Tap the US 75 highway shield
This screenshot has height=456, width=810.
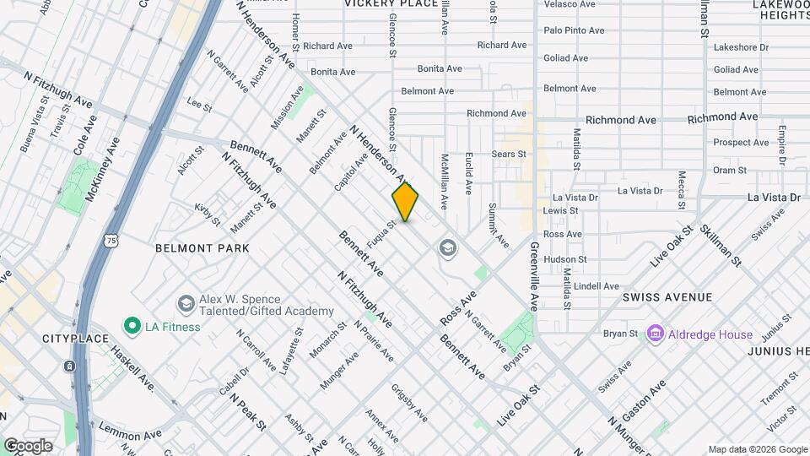[x=111, y=241]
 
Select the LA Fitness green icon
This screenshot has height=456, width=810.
[x=132, y=326]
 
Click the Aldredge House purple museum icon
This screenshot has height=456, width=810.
[x=654, y=334]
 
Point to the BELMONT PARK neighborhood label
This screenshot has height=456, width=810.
[x=202, y=248]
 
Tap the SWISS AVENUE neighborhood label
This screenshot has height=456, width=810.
[x=667, y=297]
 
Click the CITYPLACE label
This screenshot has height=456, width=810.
[x=75, y=339]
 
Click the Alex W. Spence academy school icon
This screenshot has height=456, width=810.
[x=185, y=303]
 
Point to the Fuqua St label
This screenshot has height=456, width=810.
[x=381, y=235]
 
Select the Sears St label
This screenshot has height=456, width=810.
[x=509, y=155]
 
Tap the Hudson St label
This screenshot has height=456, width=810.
[x=565, y=259]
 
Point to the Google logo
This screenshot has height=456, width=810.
[x=29, y=445]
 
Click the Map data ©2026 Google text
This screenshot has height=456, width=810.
[x=757, y=449]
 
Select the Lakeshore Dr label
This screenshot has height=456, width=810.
[x=741, y=48]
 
